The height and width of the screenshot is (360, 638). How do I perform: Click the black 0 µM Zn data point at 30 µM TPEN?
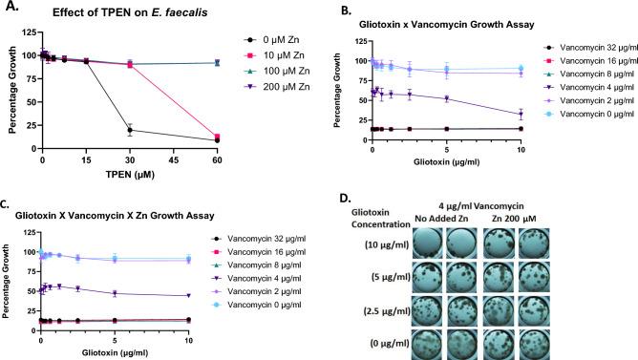pos(130,130)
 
